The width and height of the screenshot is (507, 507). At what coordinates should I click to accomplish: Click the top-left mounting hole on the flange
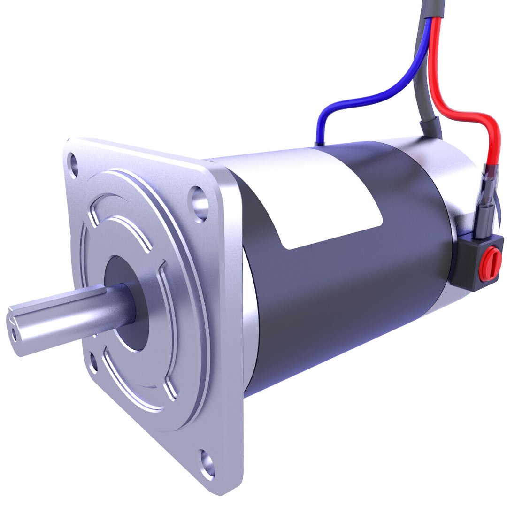(73, 165)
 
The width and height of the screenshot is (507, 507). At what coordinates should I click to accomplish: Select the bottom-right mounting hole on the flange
(207, 462)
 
